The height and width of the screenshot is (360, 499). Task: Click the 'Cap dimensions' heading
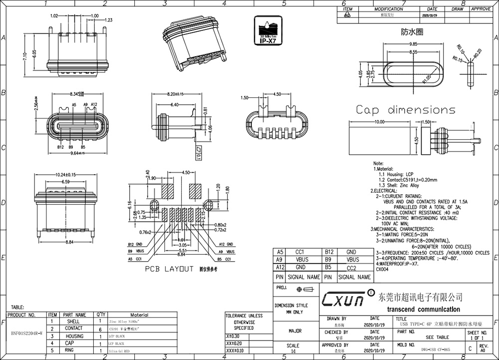pyautogui.click(x=405, y=110)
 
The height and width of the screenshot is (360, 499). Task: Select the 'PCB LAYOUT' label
pyautogui.click(x=169, y=269)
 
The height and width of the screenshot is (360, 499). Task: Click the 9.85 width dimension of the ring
pyautogui.click(x=413, y=44)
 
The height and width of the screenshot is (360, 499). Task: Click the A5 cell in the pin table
pyautogui.click(x=279, y=253)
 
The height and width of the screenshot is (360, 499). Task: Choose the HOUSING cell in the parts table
pyautogui.click(x=74, y=336)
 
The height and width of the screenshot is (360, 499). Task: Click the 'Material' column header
pyautogui.click(x=139, y=315)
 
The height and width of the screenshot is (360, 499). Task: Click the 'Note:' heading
pyautogui.click(x=378, y=163)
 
